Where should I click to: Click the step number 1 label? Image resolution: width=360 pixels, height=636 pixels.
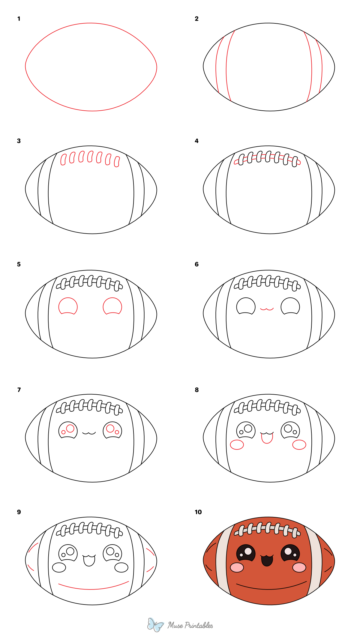point(19,19)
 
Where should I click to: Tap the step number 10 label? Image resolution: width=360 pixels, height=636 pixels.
point(198,512)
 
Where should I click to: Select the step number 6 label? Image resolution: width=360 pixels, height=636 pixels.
point(196,264)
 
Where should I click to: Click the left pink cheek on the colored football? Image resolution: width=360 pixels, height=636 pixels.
point(237,567)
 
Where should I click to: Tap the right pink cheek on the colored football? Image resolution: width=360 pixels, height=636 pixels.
point(299,567)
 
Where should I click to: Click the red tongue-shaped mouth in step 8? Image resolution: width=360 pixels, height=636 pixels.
point(267,438)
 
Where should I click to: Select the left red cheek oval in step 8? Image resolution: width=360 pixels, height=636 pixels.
point(237,445)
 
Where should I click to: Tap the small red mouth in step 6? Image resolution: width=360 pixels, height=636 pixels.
point(267,309)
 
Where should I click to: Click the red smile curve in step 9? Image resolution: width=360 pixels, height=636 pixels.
point(93,589)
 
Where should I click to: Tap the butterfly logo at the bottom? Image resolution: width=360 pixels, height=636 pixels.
point(155,625)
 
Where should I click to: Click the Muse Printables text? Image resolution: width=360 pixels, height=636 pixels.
point(190,625)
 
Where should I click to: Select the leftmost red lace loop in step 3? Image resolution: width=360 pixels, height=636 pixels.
point(63,159)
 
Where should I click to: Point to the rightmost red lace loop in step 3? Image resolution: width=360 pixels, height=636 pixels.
point(117,161)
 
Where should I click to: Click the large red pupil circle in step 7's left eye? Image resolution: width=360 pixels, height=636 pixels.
point(70,428)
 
